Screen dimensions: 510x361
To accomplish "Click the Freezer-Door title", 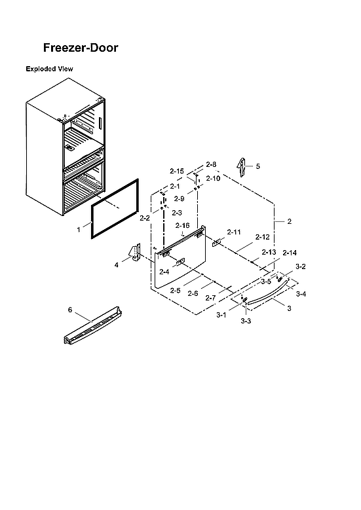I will [81, 48].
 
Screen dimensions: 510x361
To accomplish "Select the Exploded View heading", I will [49, 69].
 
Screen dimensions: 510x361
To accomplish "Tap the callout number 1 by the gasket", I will [79, 230].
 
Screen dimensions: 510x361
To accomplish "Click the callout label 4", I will [117, 264].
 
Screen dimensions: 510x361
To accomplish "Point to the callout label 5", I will [257, 166].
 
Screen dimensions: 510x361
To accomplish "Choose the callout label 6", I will [70, 308].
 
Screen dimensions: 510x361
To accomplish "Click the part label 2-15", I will [176, 171].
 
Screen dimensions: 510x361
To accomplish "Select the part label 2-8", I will [211, 164].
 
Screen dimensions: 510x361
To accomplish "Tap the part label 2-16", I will [183, 225].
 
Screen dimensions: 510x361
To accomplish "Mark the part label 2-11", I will [234, 232].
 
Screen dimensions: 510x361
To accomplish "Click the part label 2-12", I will [262, 237].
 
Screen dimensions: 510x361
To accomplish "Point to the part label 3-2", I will [301, 267].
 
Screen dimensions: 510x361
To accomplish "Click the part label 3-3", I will [246, 321].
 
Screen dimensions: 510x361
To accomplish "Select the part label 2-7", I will [210, 297].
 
